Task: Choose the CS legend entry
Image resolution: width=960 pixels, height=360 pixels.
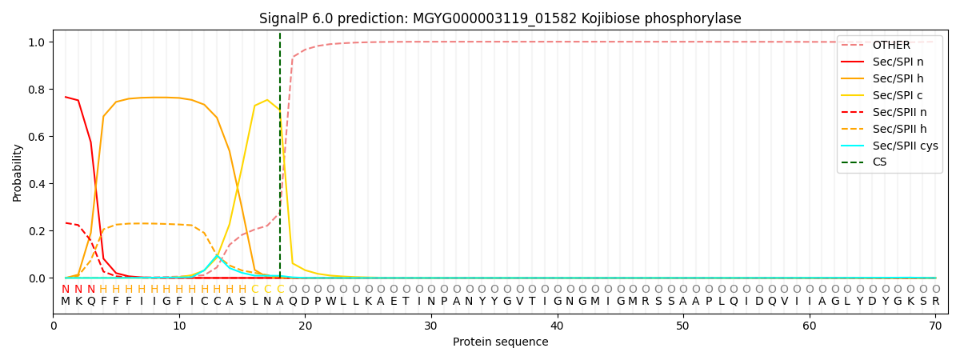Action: point(879,162)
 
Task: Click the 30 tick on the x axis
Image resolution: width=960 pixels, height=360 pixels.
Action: point(431,326)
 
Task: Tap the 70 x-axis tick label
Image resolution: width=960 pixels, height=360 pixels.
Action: point(935,326)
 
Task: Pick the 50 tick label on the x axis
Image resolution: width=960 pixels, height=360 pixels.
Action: point(683,326)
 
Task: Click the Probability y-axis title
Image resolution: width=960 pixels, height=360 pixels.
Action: point(18,172)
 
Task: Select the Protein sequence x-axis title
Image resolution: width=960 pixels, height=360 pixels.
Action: point(500,342)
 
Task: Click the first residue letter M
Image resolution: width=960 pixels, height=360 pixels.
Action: point(66,302)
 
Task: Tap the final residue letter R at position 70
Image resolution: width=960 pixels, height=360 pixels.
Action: point(935,302)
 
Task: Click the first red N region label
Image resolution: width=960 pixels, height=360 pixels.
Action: point(66,290)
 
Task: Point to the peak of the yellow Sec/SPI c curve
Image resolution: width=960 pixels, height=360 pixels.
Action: point(267,100)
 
